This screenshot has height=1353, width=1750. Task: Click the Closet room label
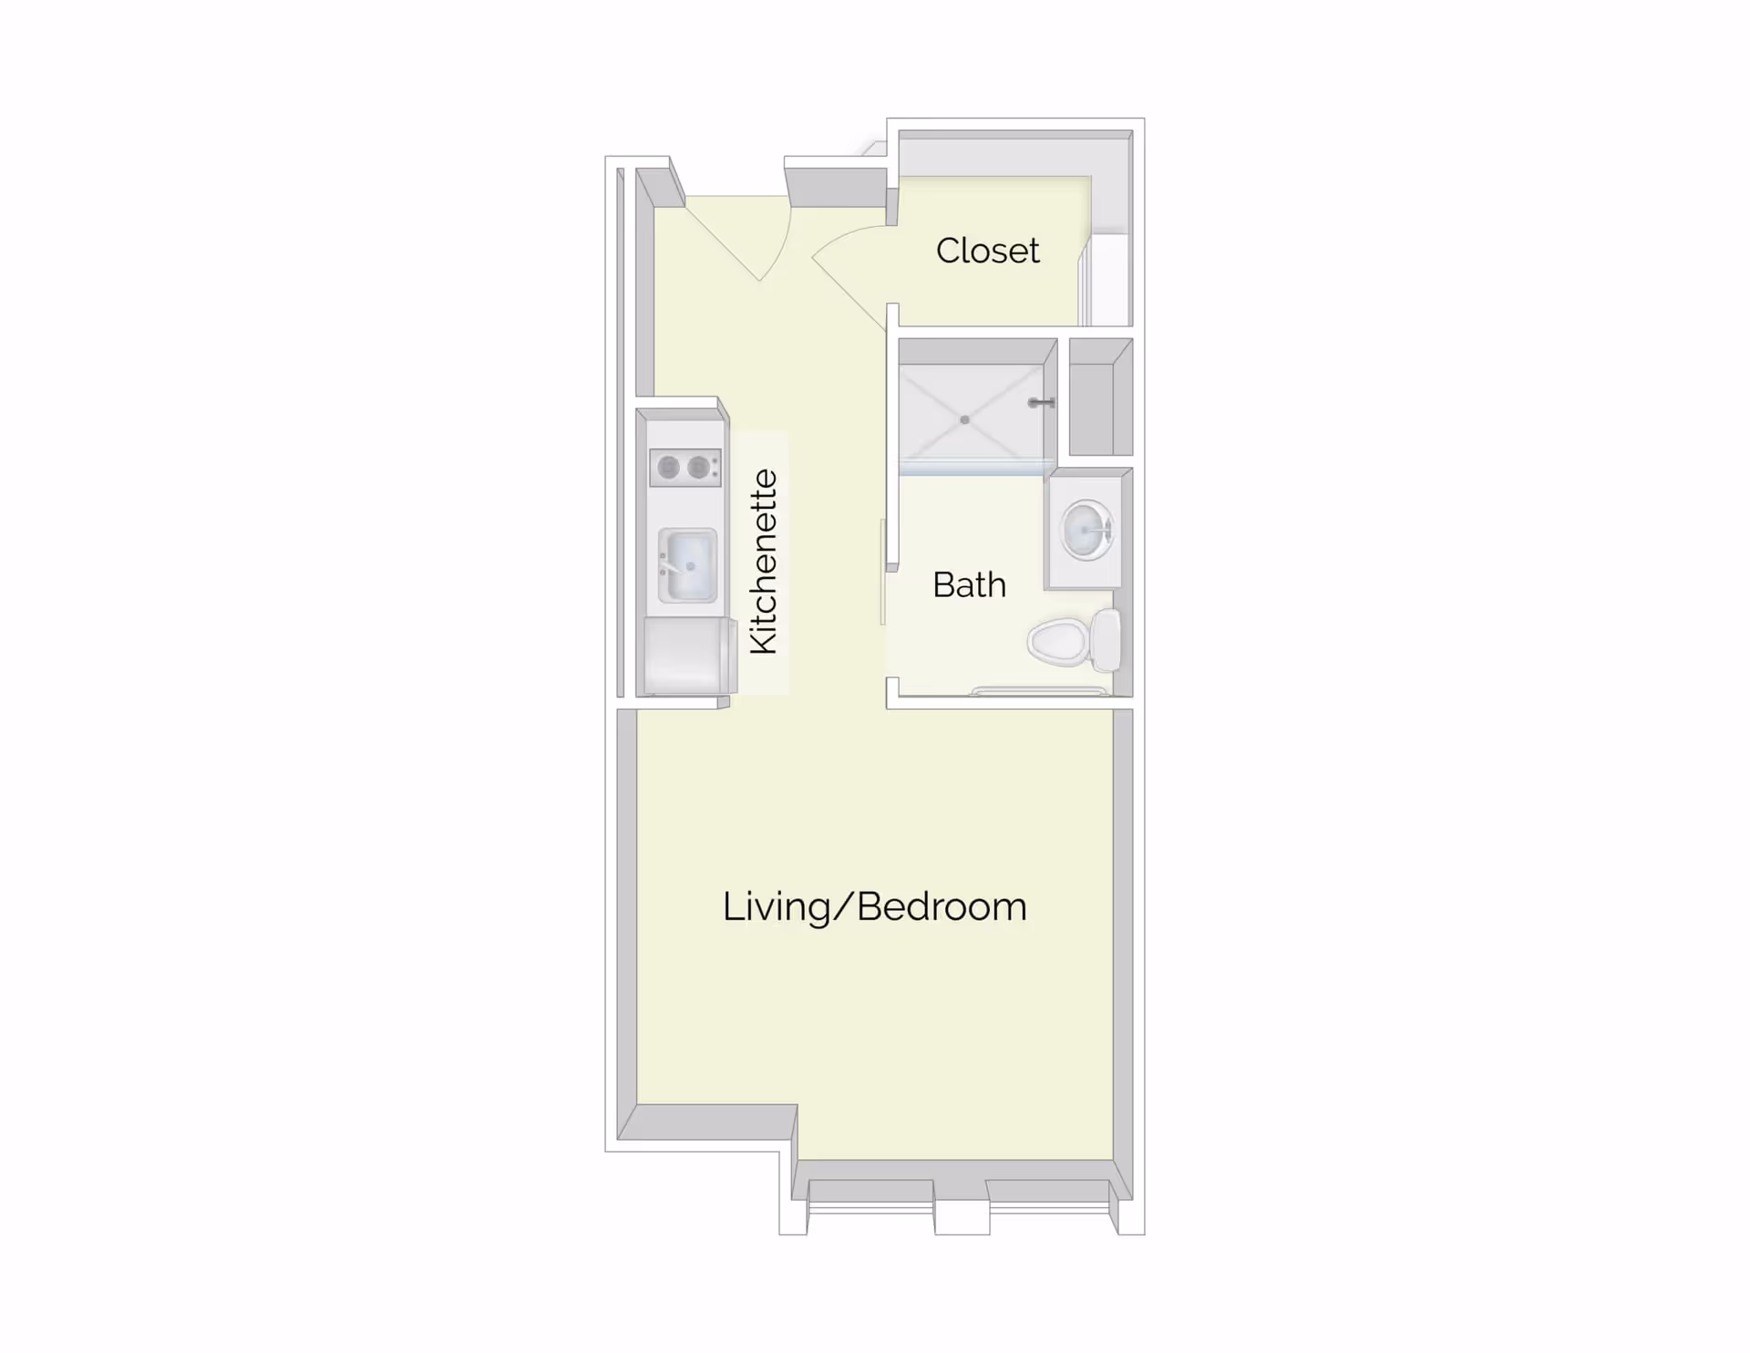pos(987,251)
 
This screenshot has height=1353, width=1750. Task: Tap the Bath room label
pos(969,584)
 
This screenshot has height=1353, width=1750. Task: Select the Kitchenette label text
pos(764,562)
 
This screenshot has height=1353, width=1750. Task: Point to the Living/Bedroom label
pos(874,907)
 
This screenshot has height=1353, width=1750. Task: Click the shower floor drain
pos(964,420)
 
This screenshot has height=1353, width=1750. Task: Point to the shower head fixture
pos(1041,402)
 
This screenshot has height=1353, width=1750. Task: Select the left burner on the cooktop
pos(668,468)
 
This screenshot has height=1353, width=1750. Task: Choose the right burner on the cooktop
pos(698,468)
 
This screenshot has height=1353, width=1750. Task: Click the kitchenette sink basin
pos(688,565)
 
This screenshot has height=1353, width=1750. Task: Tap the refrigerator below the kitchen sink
pos(689,656)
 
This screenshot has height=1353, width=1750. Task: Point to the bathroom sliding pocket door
pos(882,573)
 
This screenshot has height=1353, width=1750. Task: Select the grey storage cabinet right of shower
pos(1101,398)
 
